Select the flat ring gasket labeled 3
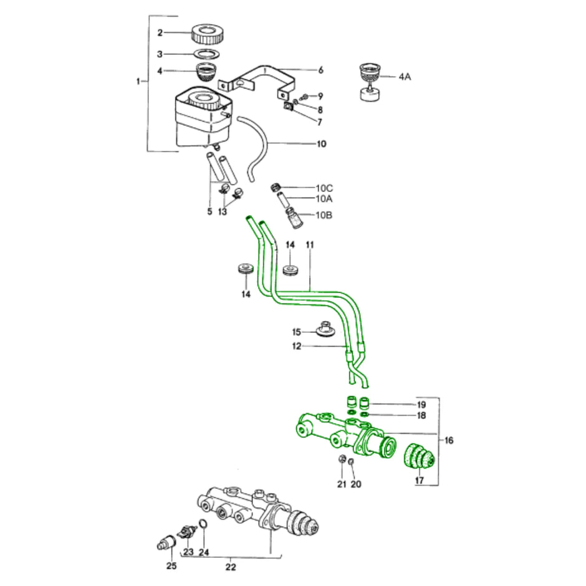click(208, 54)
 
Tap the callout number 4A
click(405, 77)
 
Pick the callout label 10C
click(324, 188)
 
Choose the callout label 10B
click(324, 216)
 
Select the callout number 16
click(449, 441)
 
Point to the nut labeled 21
click(342, 460)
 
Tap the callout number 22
click(231, 567)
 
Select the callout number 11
click(310, 246)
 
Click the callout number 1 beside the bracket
click(138, 81)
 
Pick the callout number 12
click(297, 346)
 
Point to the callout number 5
click(210, 212)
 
